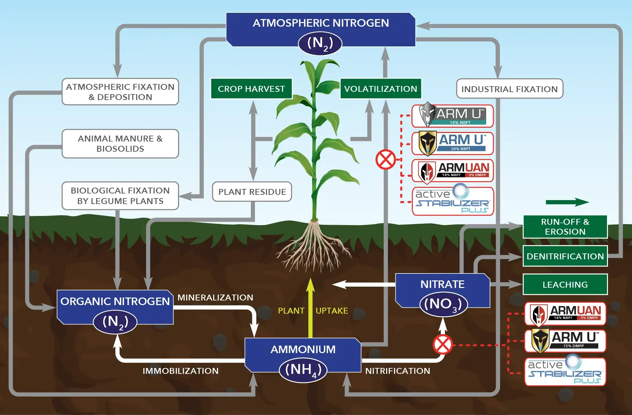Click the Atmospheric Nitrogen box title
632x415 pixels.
pyautogui.click(x=321, y=23)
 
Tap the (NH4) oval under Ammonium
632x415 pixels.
pyautogui.click(x=303, y=370)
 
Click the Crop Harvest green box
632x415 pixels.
pyautogui.click(x=251, y=89)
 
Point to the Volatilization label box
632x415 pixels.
pyautogui.click(x=381, y=89)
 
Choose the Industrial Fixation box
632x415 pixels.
pyautogui.click(x=509, y=89)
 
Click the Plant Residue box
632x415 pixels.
pyautogui.click(x=252, y=192)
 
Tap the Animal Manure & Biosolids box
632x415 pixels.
pyautogui.click(x=120, y=144)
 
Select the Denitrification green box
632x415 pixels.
pyautogui.click(x=565, y=256)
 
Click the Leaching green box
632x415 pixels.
pyautogui.click(x=565, y=285)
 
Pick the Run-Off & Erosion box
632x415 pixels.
pyautogui.click(x=565, y=227)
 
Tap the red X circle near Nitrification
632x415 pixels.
pyautogui.click(x=443, y=345)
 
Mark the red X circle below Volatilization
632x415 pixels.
pyautogui.click(x=385, y=160)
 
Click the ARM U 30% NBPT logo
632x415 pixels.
pyautogui.click(x=453, y=143)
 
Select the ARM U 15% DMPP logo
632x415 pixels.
pyautogui.click(x=565, y=341)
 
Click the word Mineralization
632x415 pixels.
pyautogui.click(x=215, y=298)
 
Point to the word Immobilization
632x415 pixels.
pyautogui.click(x=180, y=371)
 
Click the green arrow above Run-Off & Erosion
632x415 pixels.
pyautogui.click(x=567, y=202)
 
